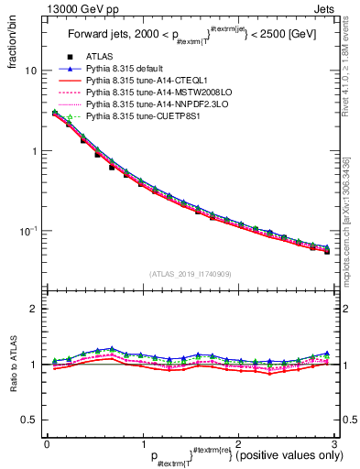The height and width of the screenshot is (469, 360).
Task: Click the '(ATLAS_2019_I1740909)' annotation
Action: coord(189,274)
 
